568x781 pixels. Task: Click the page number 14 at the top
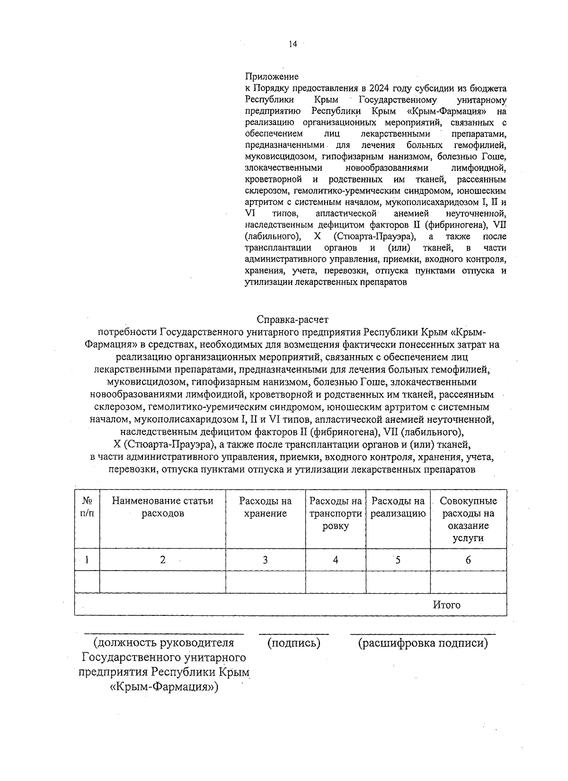click(293, 44)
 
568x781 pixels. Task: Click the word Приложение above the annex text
click(272, 77)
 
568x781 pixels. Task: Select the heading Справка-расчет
click(292, 320)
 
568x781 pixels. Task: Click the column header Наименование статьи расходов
click(162, 507)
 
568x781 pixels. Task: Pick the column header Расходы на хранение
click(265, 507)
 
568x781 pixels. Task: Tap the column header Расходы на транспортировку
click(336, 513)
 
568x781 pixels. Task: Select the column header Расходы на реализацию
click(398, 507)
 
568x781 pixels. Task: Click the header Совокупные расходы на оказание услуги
click(468, 519)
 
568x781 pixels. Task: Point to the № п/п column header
click(87, 507)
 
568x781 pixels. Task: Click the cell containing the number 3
click(265, 560)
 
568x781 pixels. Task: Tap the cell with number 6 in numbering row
click(468, 560)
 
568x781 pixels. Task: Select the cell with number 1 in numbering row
click(87, 560)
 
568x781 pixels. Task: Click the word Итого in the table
click(447, 605)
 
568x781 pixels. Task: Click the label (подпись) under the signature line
click(294, 643)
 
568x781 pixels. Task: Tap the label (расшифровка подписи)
click(423, 643)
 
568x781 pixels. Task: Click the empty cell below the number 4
click(336, 582)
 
